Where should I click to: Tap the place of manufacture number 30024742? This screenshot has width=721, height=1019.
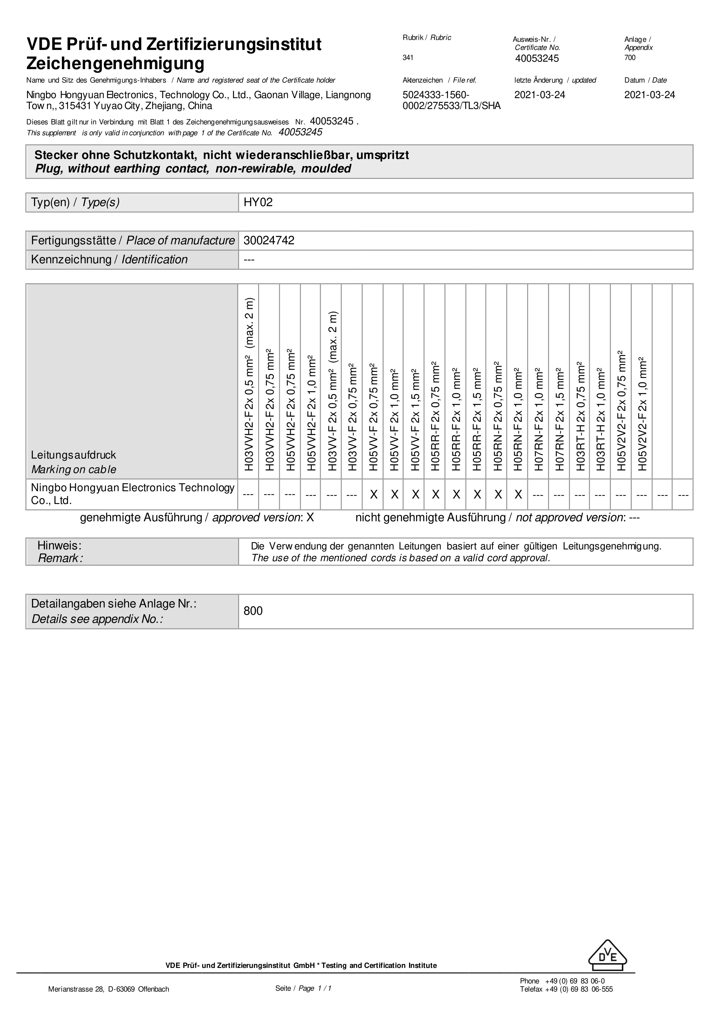[269, 241]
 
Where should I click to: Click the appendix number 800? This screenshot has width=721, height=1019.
[253, 611]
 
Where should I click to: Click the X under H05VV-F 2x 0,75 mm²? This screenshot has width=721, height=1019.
[373, 494]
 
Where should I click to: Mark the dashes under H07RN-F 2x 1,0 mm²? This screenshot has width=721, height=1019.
[538, 494]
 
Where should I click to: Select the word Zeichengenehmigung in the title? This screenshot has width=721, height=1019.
[115, 64]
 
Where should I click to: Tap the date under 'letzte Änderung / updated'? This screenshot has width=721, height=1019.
[539, 95]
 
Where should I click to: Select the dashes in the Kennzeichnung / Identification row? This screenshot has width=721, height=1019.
[249, 260]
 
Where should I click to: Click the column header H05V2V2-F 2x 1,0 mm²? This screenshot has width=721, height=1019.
[642, 414]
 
